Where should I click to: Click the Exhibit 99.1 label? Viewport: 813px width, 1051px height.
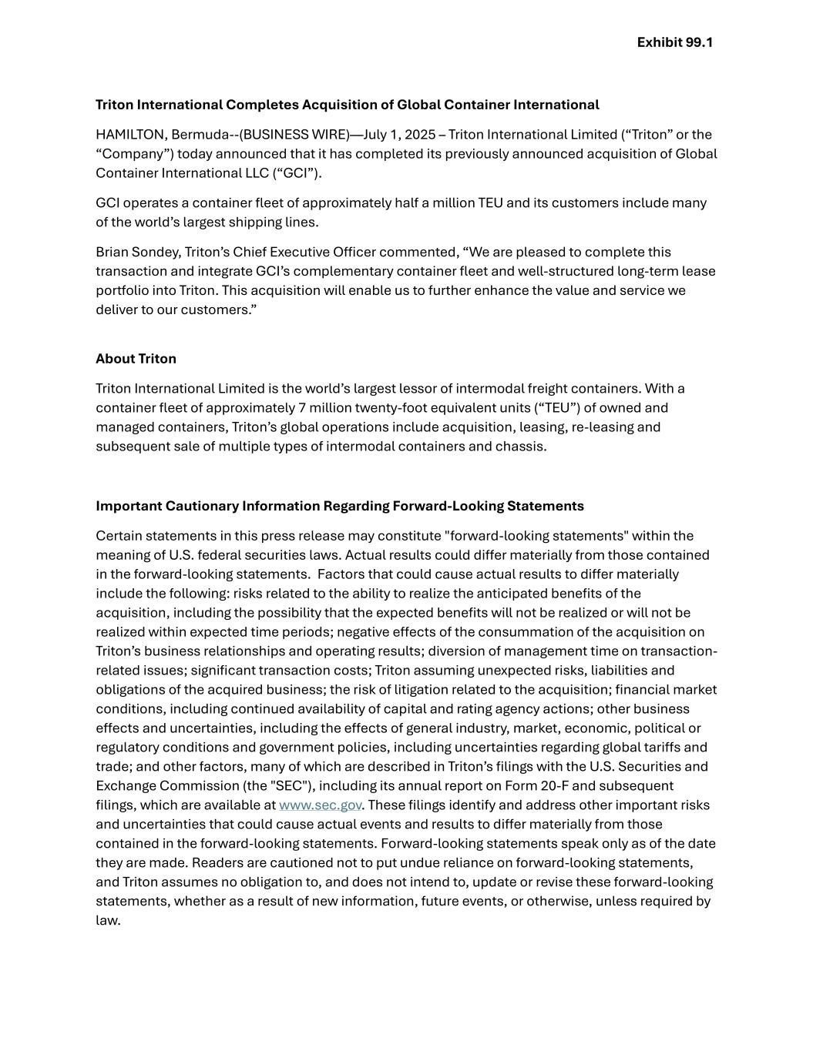(x=674, y=42)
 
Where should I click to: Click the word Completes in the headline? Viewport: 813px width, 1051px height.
(x=261, y=105)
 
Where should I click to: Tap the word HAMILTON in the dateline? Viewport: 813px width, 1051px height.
(x=129, y=135)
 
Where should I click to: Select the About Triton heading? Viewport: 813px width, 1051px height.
(x=136, y=359)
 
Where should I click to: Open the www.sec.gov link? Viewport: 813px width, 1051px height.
(x=320, y=805)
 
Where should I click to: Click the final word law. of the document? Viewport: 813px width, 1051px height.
(x=108, y=921)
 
